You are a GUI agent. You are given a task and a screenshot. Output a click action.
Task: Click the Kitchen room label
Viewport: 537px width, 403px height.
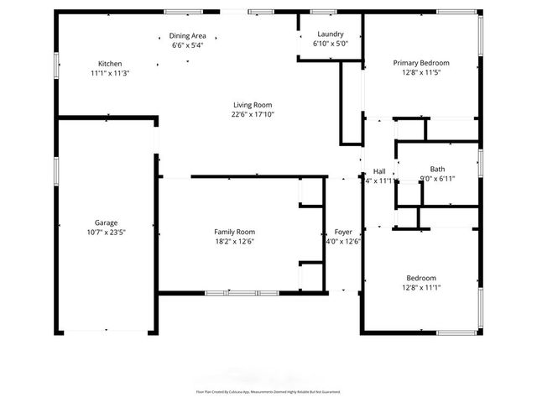click(110, 64)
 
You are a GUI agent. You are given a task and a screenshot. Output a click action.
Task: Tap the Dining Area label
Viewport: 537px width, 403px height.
click(189, 36)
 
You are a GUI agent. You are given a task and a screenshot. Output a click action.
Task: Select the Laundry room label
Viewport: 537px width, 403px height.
click(330, 34)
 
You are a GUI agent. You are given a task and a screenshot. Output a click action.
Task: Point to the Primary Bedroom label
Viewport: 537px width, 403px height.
click(422, 63)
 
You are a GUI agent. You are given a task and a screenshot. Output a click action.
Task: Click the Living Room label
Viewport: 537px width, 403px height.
click(253, 105)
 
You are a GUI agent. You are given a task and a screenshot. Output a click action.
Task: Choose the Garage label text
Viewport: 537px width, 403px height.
click(106, 222)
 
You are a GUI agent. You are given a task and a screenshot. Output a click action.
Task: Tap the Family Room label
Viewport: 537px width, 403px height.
click(234, 232)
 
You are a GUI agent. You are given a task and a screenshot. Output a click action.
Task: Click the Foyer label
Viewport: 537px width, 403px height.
click(343, 232)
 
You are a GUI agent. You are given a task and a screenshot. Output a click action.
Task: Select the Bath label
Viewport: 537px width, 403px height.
click(437, 169)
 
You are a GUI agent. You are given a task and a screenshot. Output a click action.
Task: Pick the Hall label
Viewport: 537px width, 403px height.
click(379, 170)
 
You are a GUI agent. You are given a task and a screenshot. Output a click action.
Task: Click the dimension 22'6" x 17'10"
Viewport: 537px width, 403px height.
click(253, 114)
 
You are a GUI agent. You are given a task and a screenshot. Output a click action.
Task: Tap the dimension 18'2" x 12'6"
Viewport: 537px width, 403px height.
click(234, 241)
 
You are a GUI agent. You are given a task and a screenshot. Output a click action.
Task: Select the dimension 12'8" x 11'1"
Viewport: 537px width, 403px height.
click(422, 287)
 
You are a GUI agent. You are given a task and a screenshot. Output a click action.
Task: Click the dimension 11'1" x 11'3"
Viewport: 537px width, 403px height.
click(110, 73)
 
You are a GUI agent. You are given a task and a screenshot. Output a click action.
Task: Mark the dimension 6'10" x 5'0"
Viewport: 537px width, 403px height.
click(330, 44)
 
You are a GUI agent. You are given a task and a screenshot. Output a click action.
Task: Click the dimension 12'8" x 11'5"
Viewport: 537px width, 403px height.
click(422, 72)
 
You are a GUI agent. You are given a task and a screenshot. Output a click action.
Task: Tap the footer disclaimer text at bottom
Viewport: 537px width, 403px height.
click(268, 391)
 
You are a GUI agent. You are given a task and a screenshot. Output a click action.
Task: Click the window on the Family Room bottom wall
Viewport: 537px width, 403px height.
click(232, 292)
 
